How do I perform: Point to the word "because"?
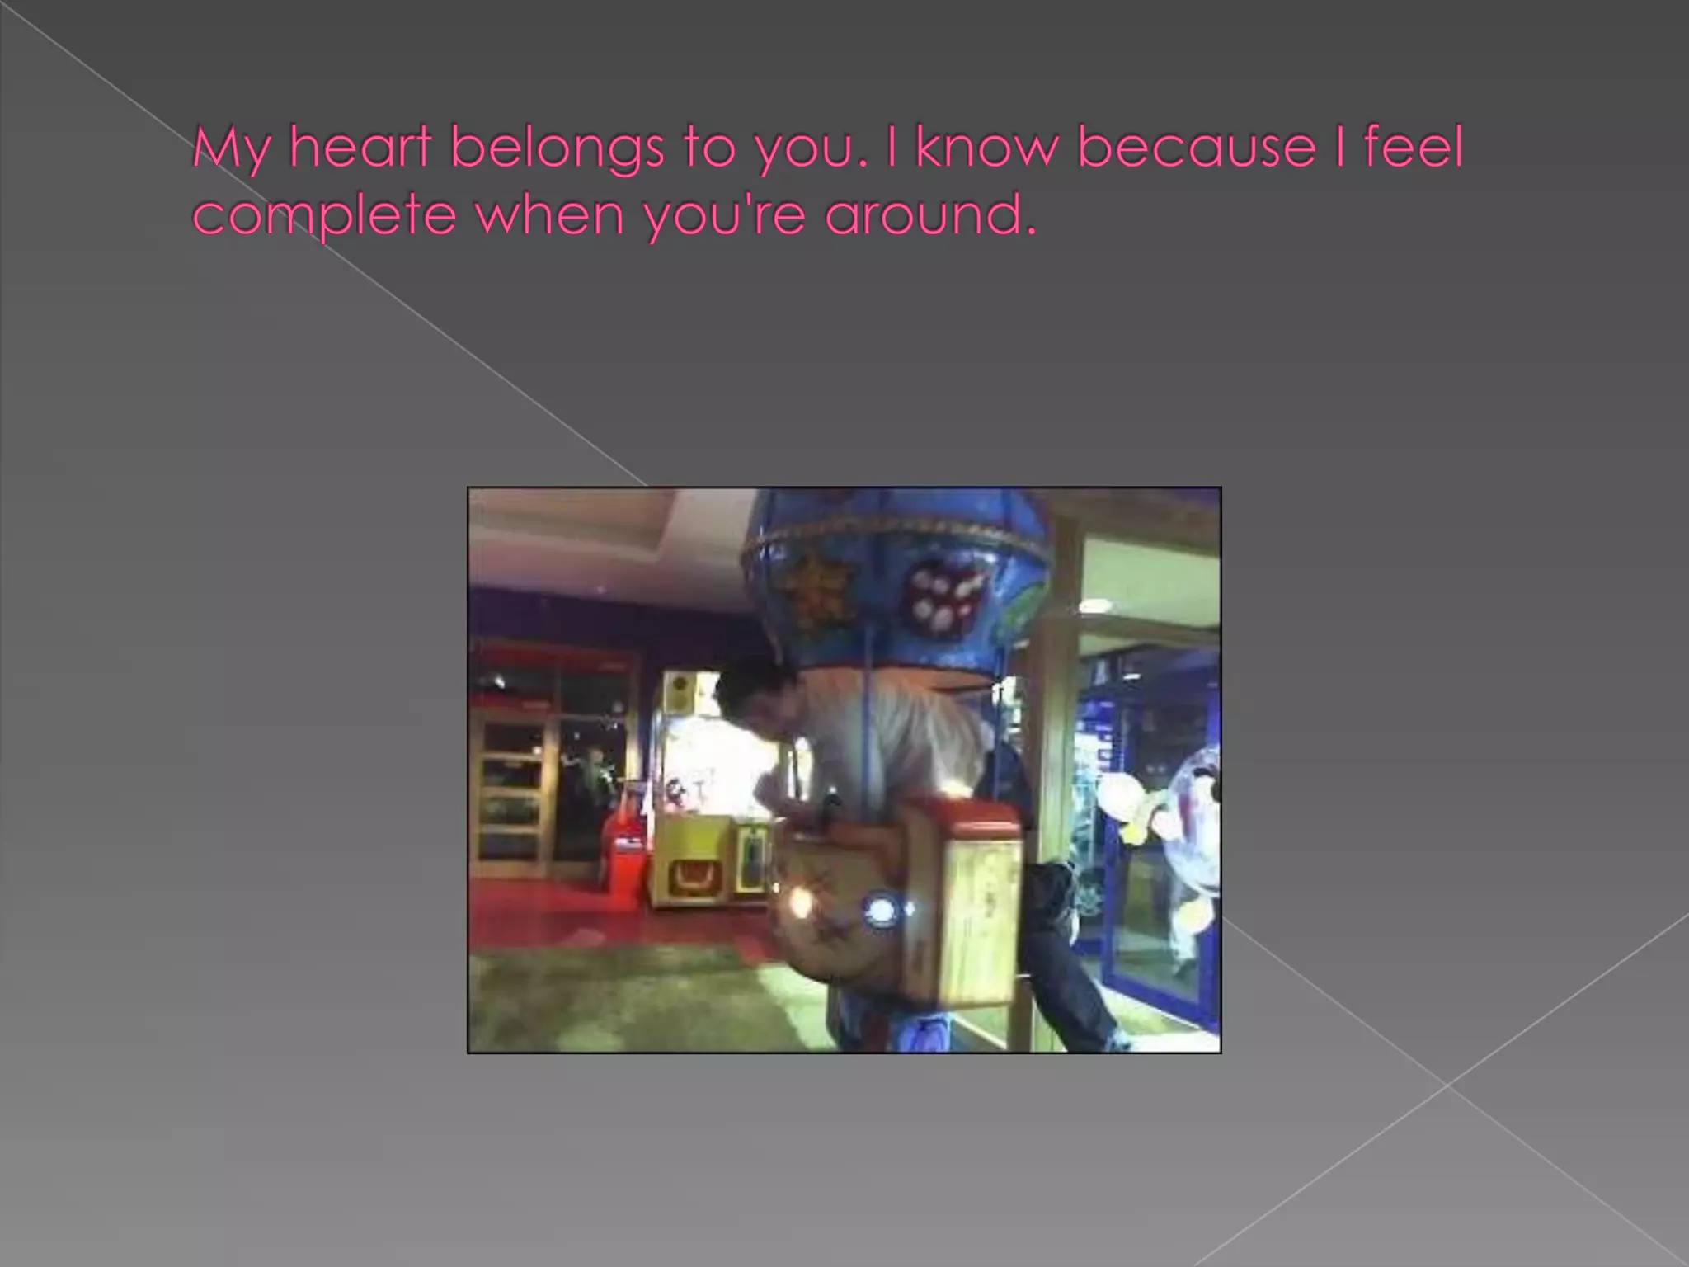[1196, 148]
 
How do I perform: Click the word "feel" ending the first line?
[1413, 148]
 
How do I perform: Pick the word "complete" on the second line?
[324, 216]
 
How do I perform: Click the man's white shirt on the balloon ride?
[891, 726]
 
